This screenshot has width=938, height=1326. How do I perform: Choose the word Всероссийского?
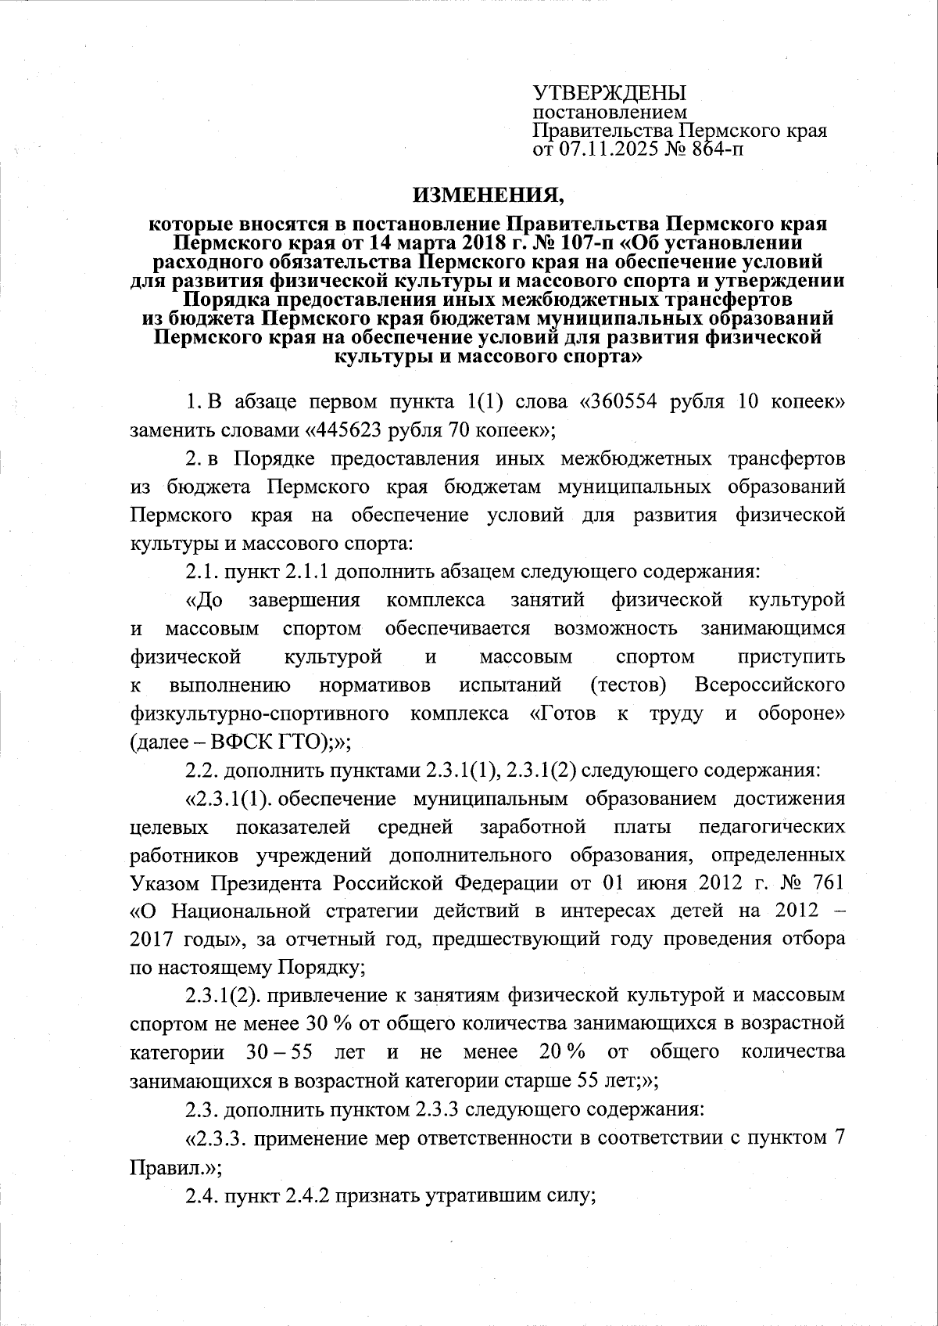click(769, 685)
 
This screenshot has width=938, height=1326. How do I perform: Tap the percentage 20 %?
click(562, 1051)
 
